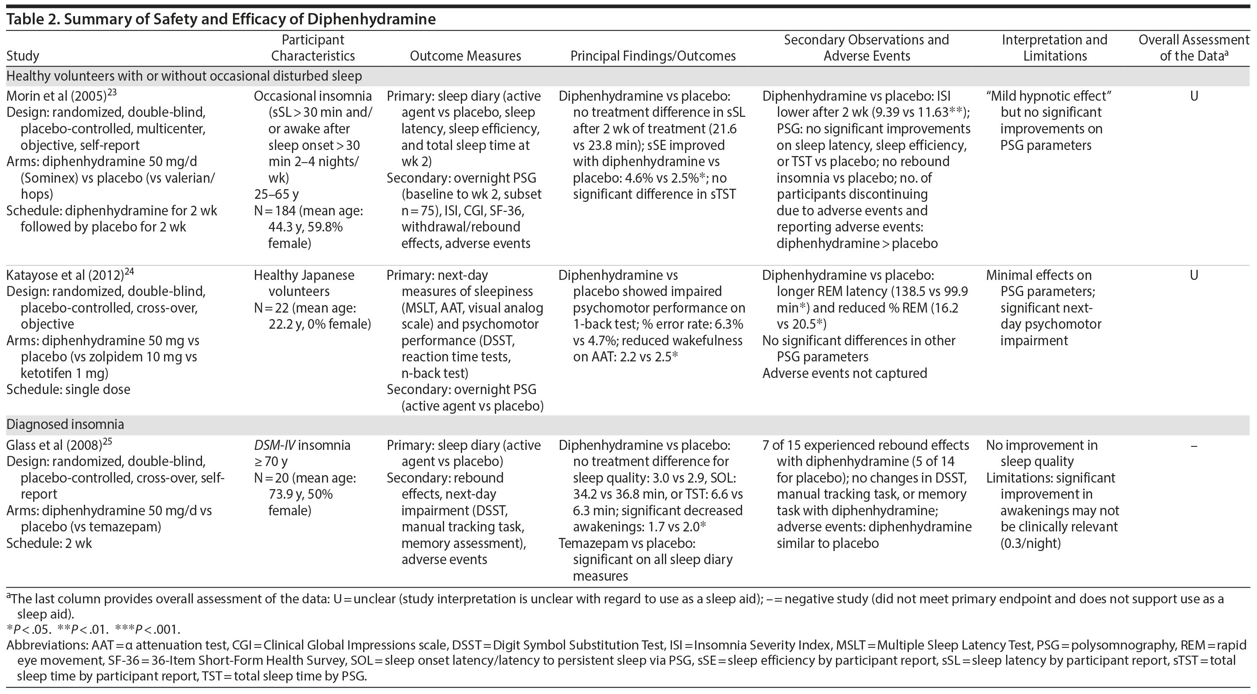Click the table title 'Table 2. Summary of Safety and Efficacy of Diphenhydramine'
click(221, 19)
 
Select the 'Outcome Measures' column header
click(465, 56)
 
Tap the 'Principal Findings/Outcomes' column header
click(653, 56)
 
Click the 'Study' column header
click(22, 56)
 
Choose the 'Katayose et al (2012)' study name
click(65, 275)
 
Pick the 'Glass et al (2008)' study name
click(54, 445)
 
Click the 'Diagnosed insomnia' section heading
click(65, 424)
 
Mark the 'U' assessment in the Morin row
click(1194, 96)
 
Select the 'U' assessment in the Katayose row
click(1194, 275)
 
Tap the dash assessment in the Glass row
click(1194, 445)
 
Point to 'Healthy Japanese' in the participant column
click(304, 275)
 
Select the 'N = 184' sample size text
click(275, 211)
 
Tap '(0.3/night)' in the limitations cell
click(1031, 543)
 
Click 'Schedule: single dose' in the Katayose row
click(69, 390)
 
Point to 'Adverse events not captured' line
click(844, 373)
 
